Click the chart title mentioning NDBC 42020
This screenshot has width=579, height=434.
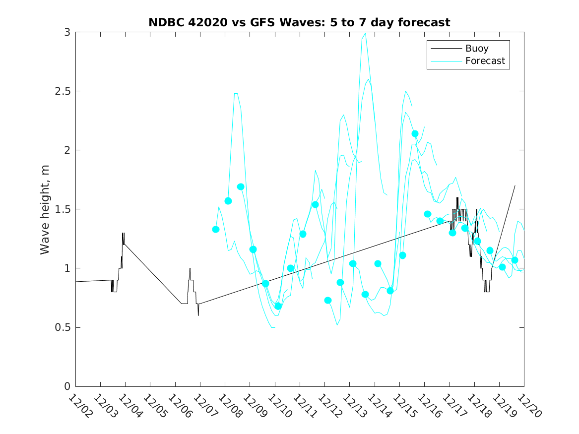299,22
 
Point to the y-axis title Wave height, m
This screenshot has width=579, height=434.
45,209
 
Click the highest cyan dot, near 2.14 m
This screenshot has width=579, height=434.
415,133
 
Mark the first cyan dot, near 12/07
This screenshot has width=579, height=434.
216,229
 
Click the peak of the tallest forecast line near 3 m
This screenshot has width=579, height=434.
365,33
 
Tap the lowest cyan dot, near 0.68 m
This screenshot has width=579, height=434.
278,306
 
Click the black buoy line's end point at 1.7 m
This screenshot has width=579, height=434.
515,186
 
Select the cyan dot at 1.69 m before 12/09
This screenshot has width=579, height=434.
241,187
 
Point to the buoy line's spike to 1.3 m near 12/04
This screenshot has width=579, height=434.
123,233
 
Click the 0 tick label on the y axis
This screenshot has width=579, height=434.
67,386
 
